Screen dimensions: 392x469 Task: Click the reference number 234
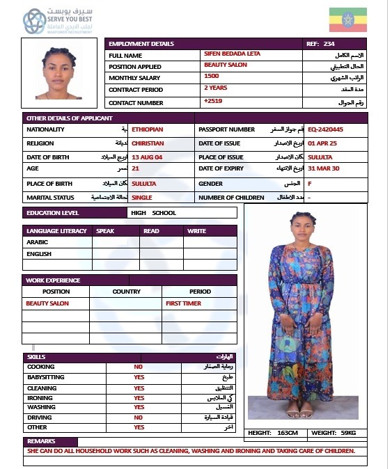[x=330, y=44]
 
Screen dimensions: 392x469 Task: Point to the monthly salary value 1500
[x=211, y=76]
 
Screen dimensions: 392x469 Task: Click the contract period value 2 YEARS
[x=215, y=88]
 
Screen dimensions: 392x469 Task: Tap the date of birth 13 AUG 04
[x=147, y=157]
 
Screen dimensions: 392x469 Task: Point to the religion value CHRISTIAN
[x=147, y=143]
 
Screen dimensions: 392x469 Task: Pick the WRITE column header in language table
[x=196, y=231]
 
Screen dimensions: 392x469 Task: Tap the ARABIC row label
[x=38, y=243]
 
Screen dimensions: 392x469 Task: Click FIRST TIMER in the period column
[x=183, y=304]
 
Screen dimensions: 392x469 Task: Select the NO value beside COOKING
[x=139, y=367]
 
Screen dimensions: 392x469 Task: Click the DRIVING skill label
[x=40, y=418]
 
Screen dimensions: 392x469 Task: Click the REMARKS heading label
[x=41, y=442]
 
